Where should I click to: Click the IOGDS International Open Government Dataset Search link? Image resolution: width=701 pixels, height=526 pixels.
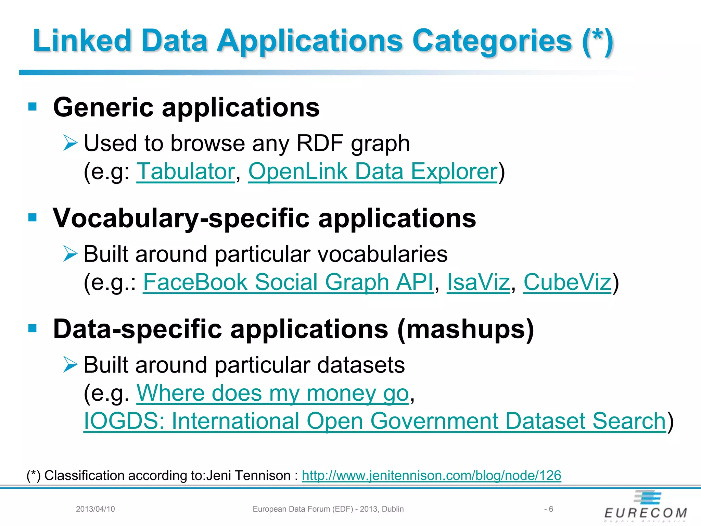[375, 421]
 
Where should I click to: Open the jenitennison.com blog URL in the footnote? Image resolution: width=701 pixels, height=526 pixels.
[431, 475]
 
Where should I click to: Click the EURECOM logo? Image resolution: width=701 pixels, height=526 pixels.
[646, 507]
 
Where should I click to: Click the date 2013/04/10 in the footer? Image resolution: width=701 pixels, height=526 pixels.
[95, 509]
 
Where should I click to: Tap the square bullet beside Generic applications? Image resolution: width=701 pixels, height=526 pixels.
[33, 107]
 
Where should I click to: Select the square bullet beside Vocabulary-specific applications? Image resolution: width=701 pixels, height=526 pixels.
[33, 217]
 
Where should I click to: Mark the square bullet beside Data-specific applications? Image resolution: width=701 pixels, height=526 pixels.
[33, 328]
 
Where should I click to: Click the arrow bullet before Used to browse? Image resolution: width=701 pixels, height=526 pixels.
[71, 143]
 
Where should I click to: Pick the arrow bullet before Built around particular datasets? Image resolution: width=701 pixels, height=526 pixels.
[71, 364]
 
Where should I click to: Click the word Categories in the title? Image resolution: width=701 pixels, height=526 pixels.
[492, 41]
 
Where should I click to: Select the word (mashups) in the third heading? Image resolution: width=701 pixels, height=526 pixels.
[466, 329]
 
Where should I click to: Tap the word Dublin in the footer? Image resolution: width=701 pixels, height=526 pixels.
[393, 509]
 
